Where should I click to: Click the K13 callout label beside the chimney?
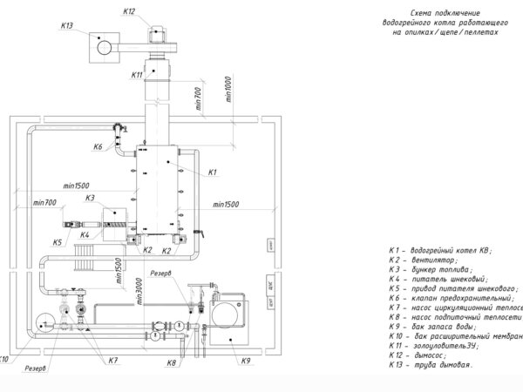[x=67, y=26]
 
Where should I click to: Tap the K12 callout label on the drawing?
[x=130, y=11]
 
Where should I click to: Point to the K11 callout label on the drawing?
[x=137, y=76]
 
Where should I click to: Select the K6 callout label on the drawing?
[x=98, y=145]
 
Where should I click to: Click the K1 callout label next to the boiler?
[x=212, y=172]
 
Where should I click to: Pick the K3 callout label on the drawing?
[x=90, y=199]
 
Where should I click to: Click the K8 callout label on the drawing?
[x=172, y=362]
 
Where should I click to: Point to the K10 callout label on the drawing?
[x=4, y=358]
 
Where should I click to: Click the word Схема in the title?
[x=403, y=15]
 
